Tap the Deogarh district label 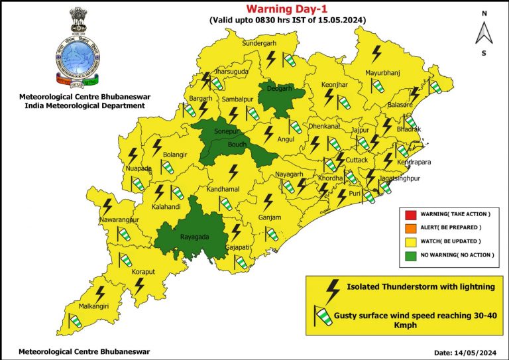(x=279, y=88)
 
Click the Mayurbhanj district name (x=384, y=72)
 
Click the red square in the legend (x=410, y=214)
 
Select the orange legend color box (x=410, y=227)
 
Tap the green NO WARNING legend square (x=410, y=255)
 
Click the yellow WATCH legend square (x=410, y=241)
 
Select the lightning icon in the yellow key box (x=331, y=288)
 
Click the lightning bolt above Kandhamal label (x=233, y=172)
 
